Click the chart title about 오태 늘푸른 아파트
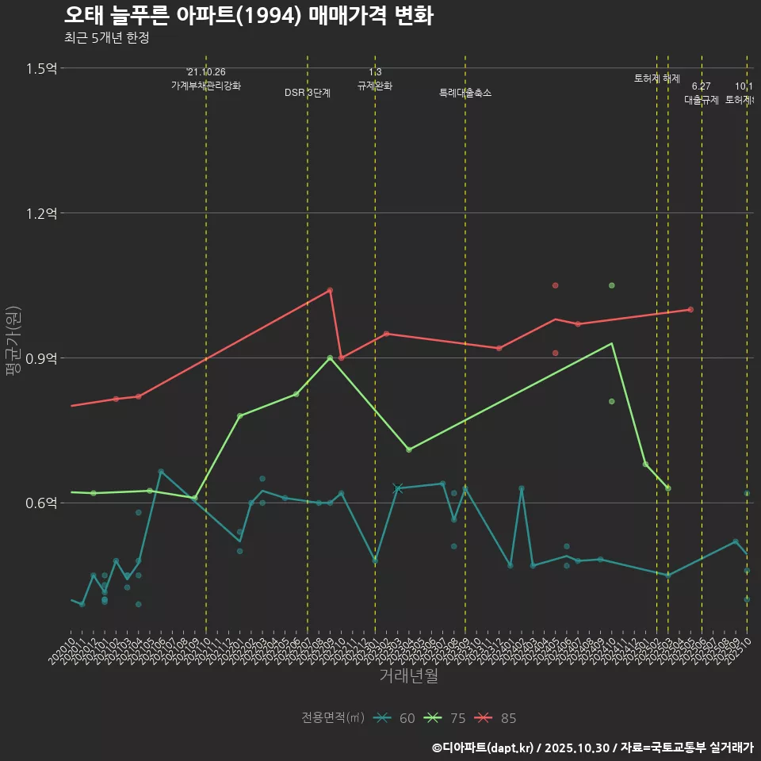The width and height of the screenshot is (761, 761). (x=248, y=16)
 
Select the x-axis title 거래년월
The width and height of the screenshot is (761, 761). (x=408, y=676)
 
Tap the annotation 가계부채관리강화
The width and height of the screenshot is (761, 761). (x=206, y=86)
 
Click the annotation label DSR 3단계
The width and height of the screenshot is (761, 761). (x=308, y=93)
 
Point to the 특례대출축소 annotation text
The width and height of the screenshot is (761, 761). (x=465, y=93)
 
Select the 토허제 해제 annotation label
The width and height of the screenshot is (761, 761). (x=657, y=78)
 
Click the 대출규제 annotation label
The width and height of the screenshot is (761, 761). (x=702, y=100)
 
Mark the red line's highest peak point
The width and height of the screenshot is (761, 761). (x=330, y=290)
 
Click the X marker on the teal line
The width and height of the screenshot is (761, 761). (x=398, y=488)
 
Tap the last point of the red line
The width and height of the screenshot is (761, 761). (x=690, y=309)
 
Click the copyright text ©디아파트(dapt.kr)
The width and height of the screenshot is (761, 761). (x=484, y=748)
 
